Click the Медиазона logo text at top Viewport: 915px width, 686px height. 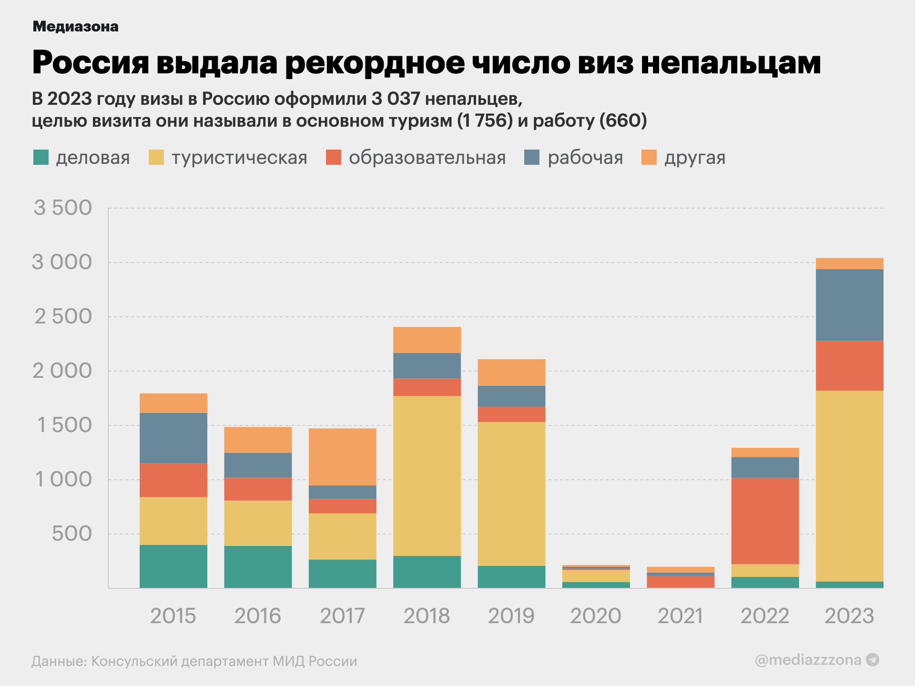tap(75, 27)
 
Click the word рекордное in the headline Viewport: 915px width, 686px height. tap(375, 63)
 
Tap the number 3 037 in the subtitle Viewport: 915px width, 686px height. tap(396, 99)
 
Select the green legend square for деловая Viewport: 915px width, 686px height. tap(41, 157)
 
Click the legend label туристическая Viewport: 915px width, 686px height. tap(239, 158)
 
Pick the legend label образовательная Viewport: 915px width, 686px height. tap(427, 158)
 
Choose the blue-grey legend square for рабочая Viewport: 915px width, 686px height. tap(532, 157)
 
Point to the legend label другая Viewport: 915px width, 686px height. tap(695, 158)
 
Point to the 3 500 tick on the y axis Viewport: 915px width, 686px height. tap(62, 208)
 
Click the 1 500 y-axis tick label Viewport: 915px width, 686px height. tap(64, 425)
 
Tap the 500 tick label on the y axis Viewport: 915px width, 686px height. tap(71, 534)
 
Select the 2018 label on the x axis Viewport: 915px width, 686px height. tap(427, 615)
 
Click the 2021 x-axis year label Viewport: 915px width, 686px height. tap(681, 615)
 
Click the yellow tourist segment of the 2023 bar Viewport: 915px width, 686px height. tap(849, 486)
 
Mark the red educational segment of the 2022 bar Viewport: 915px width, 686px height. tap(765, 521)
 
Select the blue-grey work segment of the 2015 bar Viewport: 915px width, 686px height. tap(173, 438)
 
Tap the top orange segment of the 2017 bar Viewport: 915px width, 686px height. tap(342, 456)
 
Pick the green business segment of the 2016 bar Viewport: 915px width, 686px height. tap(258, 566)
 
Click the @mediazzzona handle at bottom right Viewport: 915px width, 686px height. tap(808, 660)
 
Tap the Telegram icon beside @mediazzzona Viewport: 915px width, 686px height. tap(873, 660)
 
